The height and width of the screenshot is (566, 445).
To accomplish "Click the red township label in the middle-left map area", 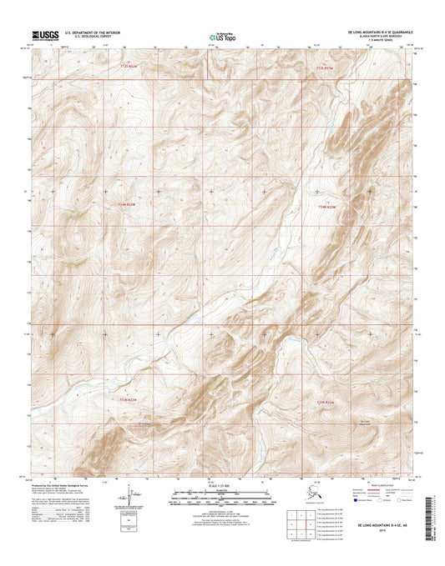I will pos(127,204).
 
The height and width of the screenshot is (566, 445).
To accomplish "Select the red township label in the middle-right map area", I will pos(330,204).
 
